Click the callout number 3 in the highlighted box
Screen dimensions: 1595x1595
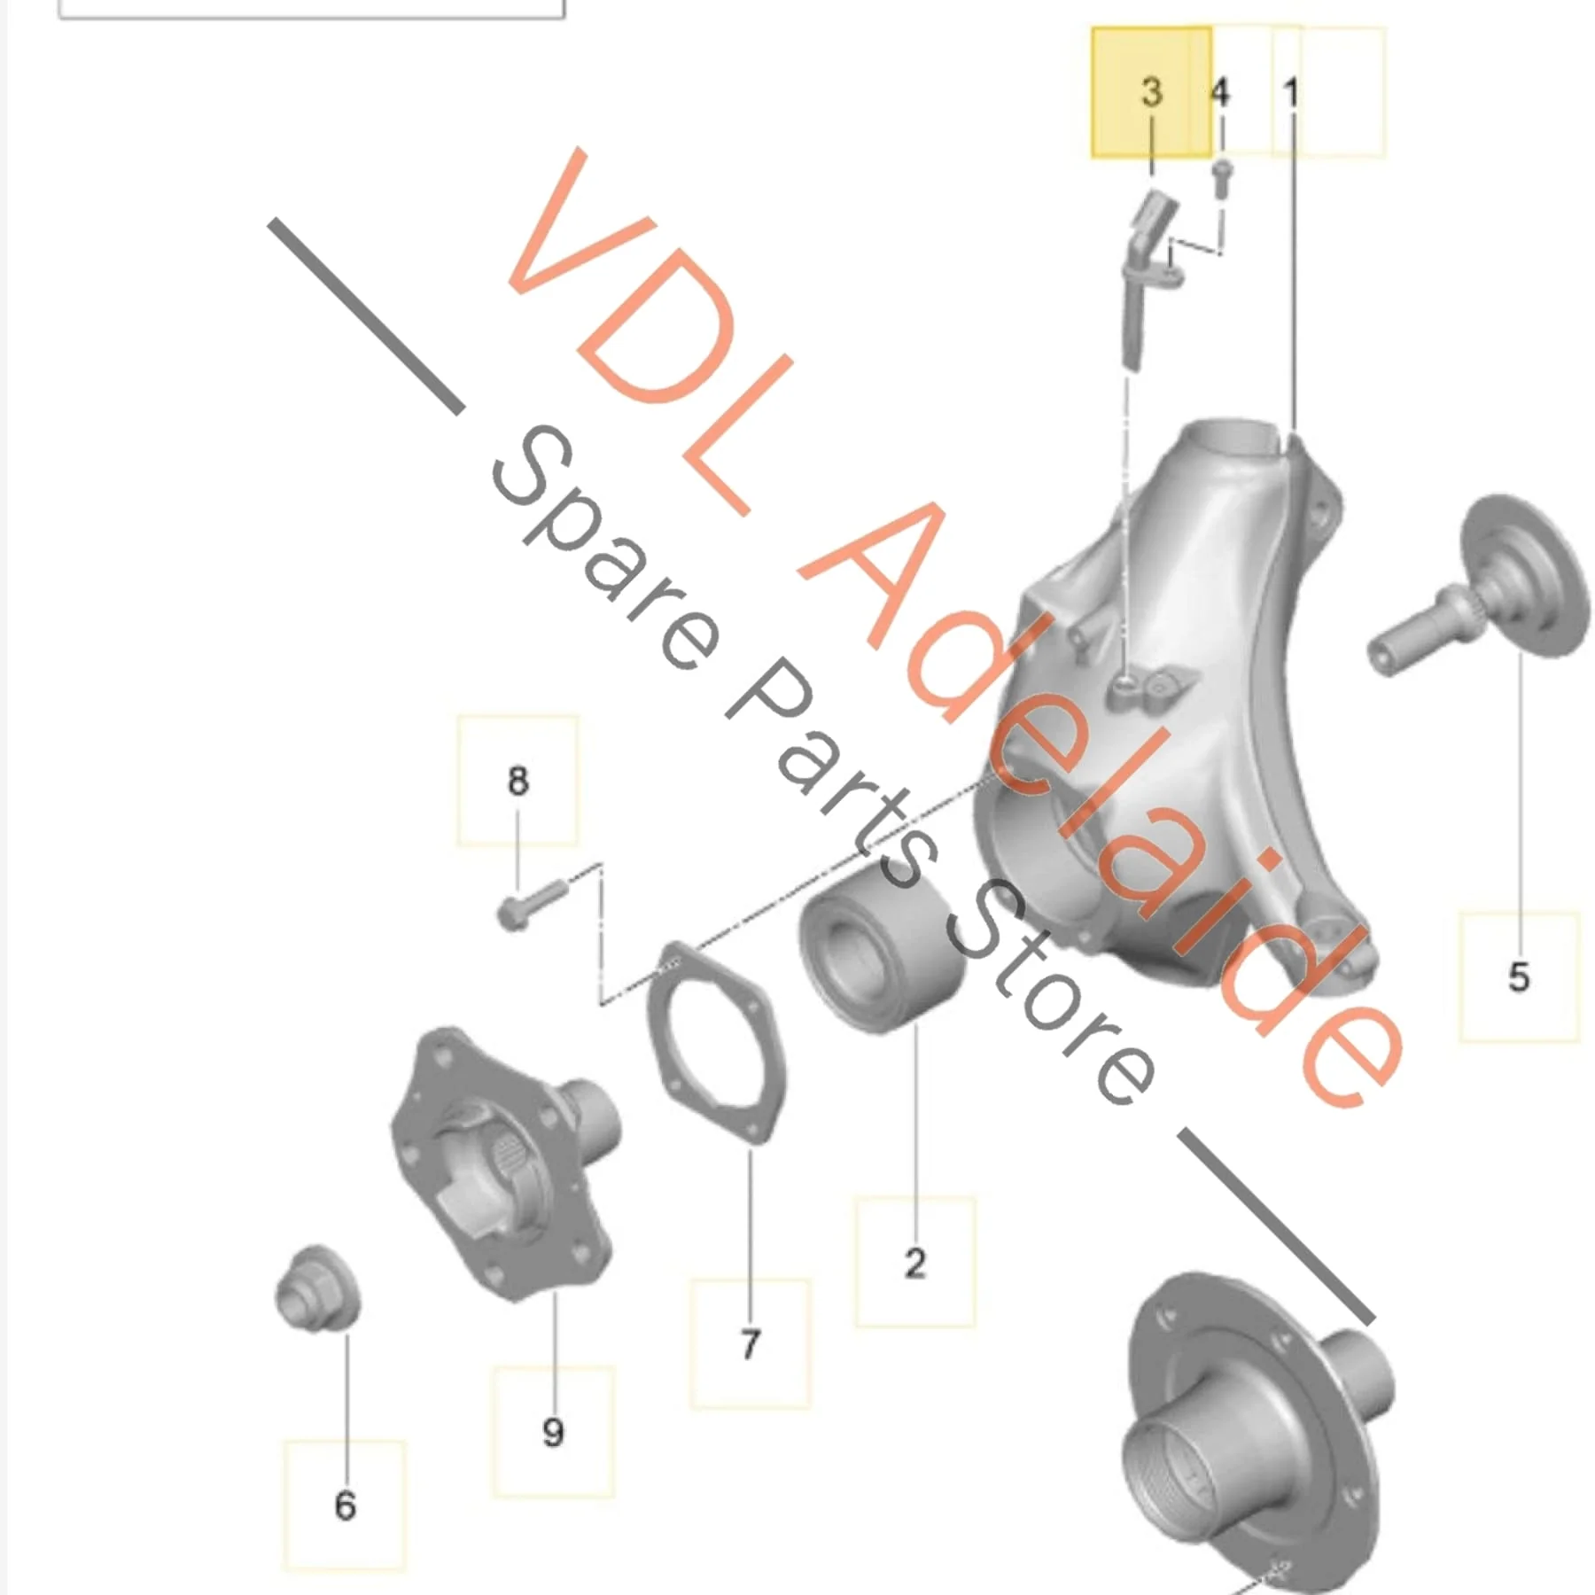(1151, 91)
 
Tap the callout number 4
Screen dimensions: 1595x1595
(1220, 91)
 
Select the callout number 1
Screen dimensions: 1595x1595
(1290, 92)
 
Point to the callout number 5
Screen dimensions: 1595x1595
(1519, 976)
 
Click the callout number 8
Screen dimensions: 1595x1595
(518, 781)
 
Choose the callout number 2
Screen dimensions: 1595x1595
(915, 1263)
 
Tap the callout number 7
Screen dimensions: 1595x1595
(751, 1344)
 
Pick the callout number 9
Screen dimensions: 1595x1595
(553, 1432)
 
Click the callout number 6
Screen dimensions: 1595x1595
(346, 1506)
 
